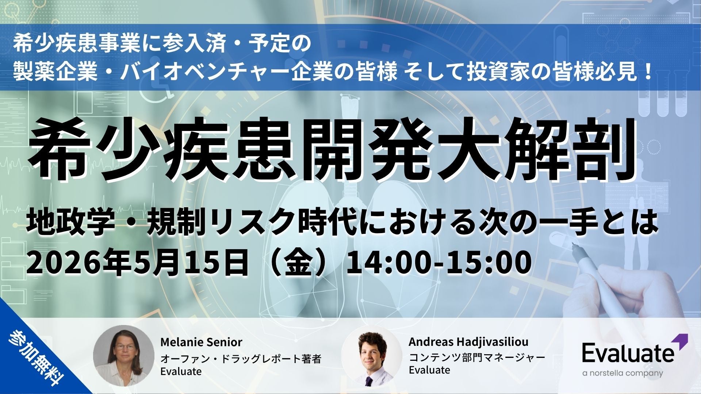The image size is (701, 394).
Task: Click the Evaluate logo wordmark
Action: point(628,354)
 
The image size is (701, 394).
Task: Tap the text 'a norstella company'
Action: point(623,373)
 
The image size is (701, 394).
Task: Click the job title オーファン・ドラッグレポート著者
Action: point(241,359)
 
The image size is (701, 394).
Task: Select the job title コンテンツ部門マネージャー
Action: point(477,358)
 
